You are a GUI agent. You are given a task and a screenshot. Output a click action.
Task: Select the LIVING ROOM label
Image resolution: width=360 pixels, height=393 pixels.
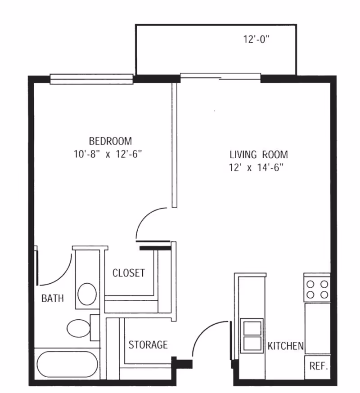tap(258, 155)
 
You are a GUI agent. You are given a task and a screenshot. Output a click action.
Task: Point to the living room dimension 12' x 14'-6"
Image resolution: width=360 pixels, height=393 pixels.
tap(258, 169)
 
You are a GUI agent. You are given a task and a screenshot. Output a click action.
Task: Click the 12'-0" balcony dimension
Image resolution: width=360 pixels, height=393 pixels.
tap(256, 40)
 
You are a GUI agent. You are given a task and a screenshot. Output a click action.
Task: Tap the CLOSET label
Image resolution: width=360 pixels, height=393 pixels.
tap(129, 273)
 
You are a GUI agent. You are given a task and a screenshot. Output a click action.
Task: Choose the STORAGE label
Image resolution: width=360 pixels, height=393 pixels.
tap(148, 345)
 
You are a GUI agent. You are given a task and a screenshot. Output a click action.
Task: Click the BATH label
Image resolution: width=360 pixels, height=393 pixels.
tap(53, 298)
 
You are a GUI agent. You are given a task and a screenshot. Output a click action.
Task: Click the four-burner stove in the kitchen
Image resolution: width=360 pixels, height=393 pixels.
tap(317, 289)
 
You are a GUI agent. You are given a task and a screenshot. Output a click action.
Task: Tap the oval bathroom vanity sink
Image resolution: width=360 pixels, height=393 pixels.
tap(87, 294)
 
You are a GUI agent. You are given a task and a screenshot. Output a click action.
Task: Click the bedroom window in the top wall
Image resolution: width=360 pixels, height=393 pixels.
tap(92, 79)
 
